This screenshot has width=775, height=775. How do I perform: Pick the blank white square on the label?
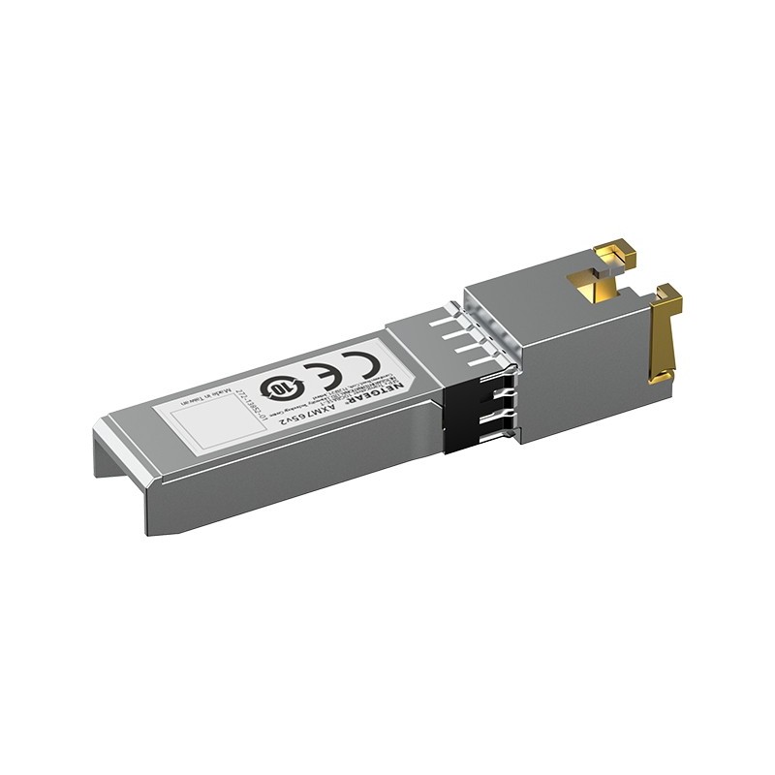[200, 422]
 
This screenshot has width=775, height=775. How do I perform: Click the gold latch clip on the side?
[664, 334]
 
